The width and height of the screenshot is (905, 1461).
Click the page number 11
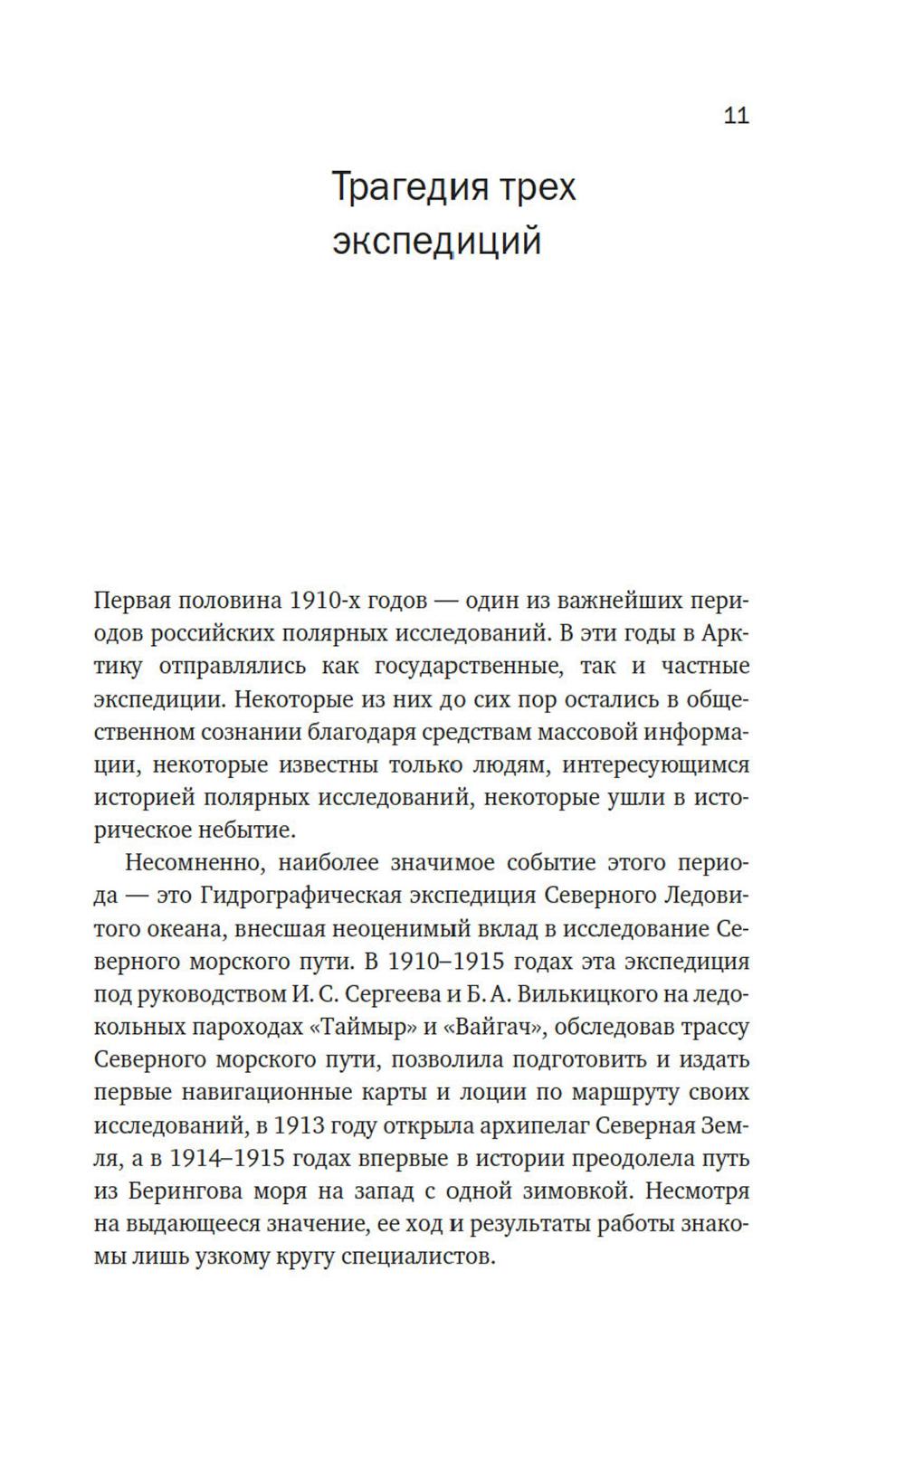tap(736, 116)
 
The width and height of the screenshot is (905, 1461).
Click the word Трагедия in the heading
tap(401, 187)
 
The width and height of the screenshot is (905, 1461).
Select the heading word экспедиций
tap(437, 242)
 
